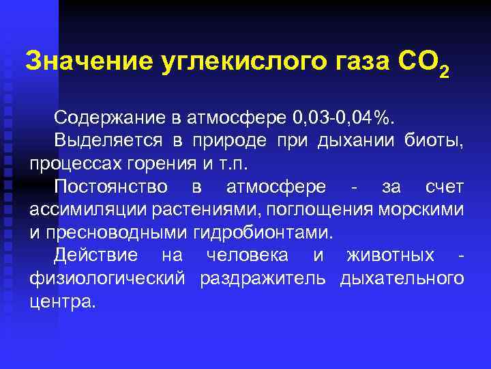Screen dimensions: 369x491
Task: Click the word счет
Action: [x=444, y=187]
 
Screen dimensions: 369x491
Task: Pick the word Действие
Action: [x=96, y=256]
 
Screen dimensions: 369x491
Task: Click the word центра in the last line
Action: [x=62, y=301]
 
